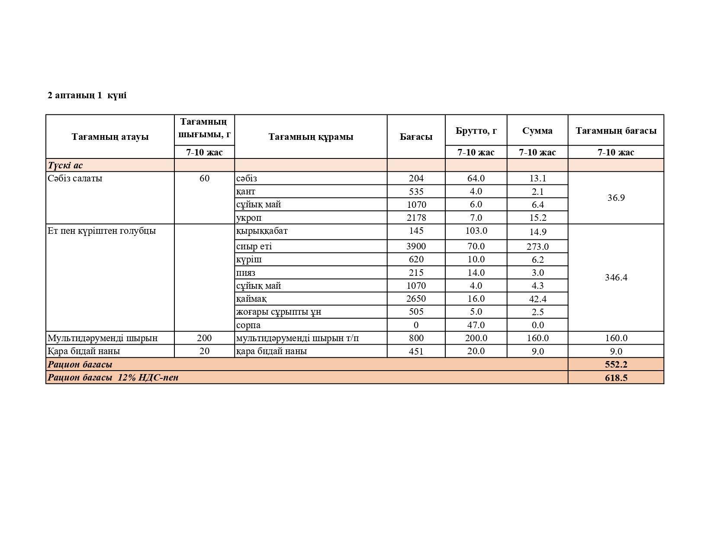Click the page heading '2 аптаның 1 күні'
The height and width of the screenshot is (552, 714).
click(x=87, y=95)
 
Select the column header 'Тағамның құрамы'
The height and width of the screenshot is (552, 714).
click(x=311, y=137)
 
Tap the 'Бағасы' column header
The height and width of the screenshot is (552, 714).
click(x=416, y=137)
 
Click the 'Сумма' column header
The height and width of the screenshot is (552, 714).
click(x=537, y=131)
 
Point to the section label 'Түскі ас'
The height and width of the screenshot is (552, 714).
click(x=65, y=165)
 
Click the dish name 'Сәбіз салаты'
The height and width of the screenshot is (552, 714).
click(x=75, y=178)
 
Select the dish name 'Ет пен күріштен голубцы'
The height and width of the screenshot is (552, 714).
click(x=102, y=231)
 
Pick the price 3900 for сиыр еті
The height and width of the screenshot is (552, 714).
click(x=416, y=246)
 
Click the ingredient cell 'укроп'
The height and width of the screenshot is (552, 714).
click(x=249, y=218)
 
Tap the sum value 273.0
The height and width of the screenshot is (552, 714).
click(x=537, y=247)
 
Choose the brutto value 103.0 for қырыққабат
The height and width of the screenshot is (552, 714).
click(x=476, y=231)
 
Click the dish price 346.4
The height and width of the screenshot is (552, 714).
click(x=616, y=278)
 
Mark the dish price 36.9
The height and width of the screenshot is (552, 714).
click(x=616, y=198)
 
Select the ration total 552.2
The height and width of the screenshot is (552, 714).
click(x=616, y=365)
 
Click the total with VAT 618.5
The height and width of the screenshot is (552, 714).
click(x=616, y=378)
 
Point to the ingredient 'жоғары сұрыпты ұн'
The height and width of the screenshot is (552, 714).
click(x=279, y=312)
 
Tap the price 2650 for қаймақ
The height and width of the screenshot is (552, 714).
click(x=416, y=299)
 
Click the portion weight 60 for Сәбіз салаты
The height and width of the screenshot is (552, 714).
click(x=204, y=178)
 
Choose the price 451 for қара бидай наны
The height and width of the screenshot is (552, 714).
click(x=416, y=351)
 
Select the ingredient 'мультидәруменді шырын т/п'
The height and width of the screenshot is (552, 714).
click(x=297, y=338)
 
